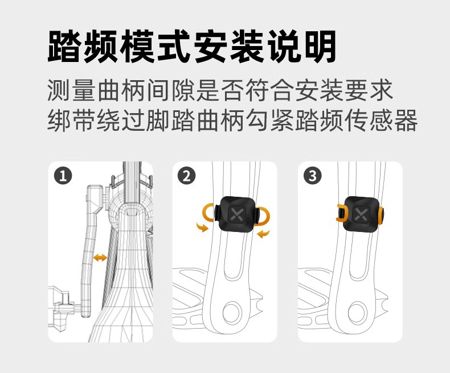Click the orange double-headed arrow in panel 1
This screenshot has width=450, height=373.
pos(100,258)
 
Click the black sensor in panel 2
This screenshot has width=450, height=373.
pos(237,214)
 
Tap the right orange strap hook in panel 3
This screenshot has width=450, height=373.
pos(381,215)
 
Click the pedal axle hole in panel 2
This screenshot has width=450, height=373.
pos(232,310)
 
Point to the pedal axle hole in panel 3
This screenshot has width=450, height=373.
pos(357,310)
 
